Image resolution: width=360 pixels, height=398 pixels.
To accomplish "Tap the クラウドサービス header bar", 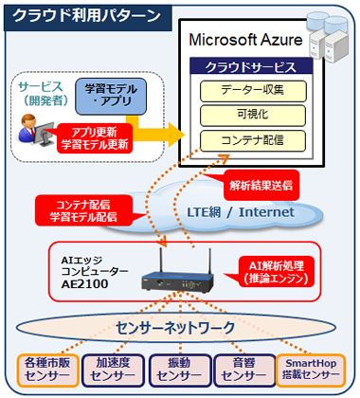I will click(x=245, y=67).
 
